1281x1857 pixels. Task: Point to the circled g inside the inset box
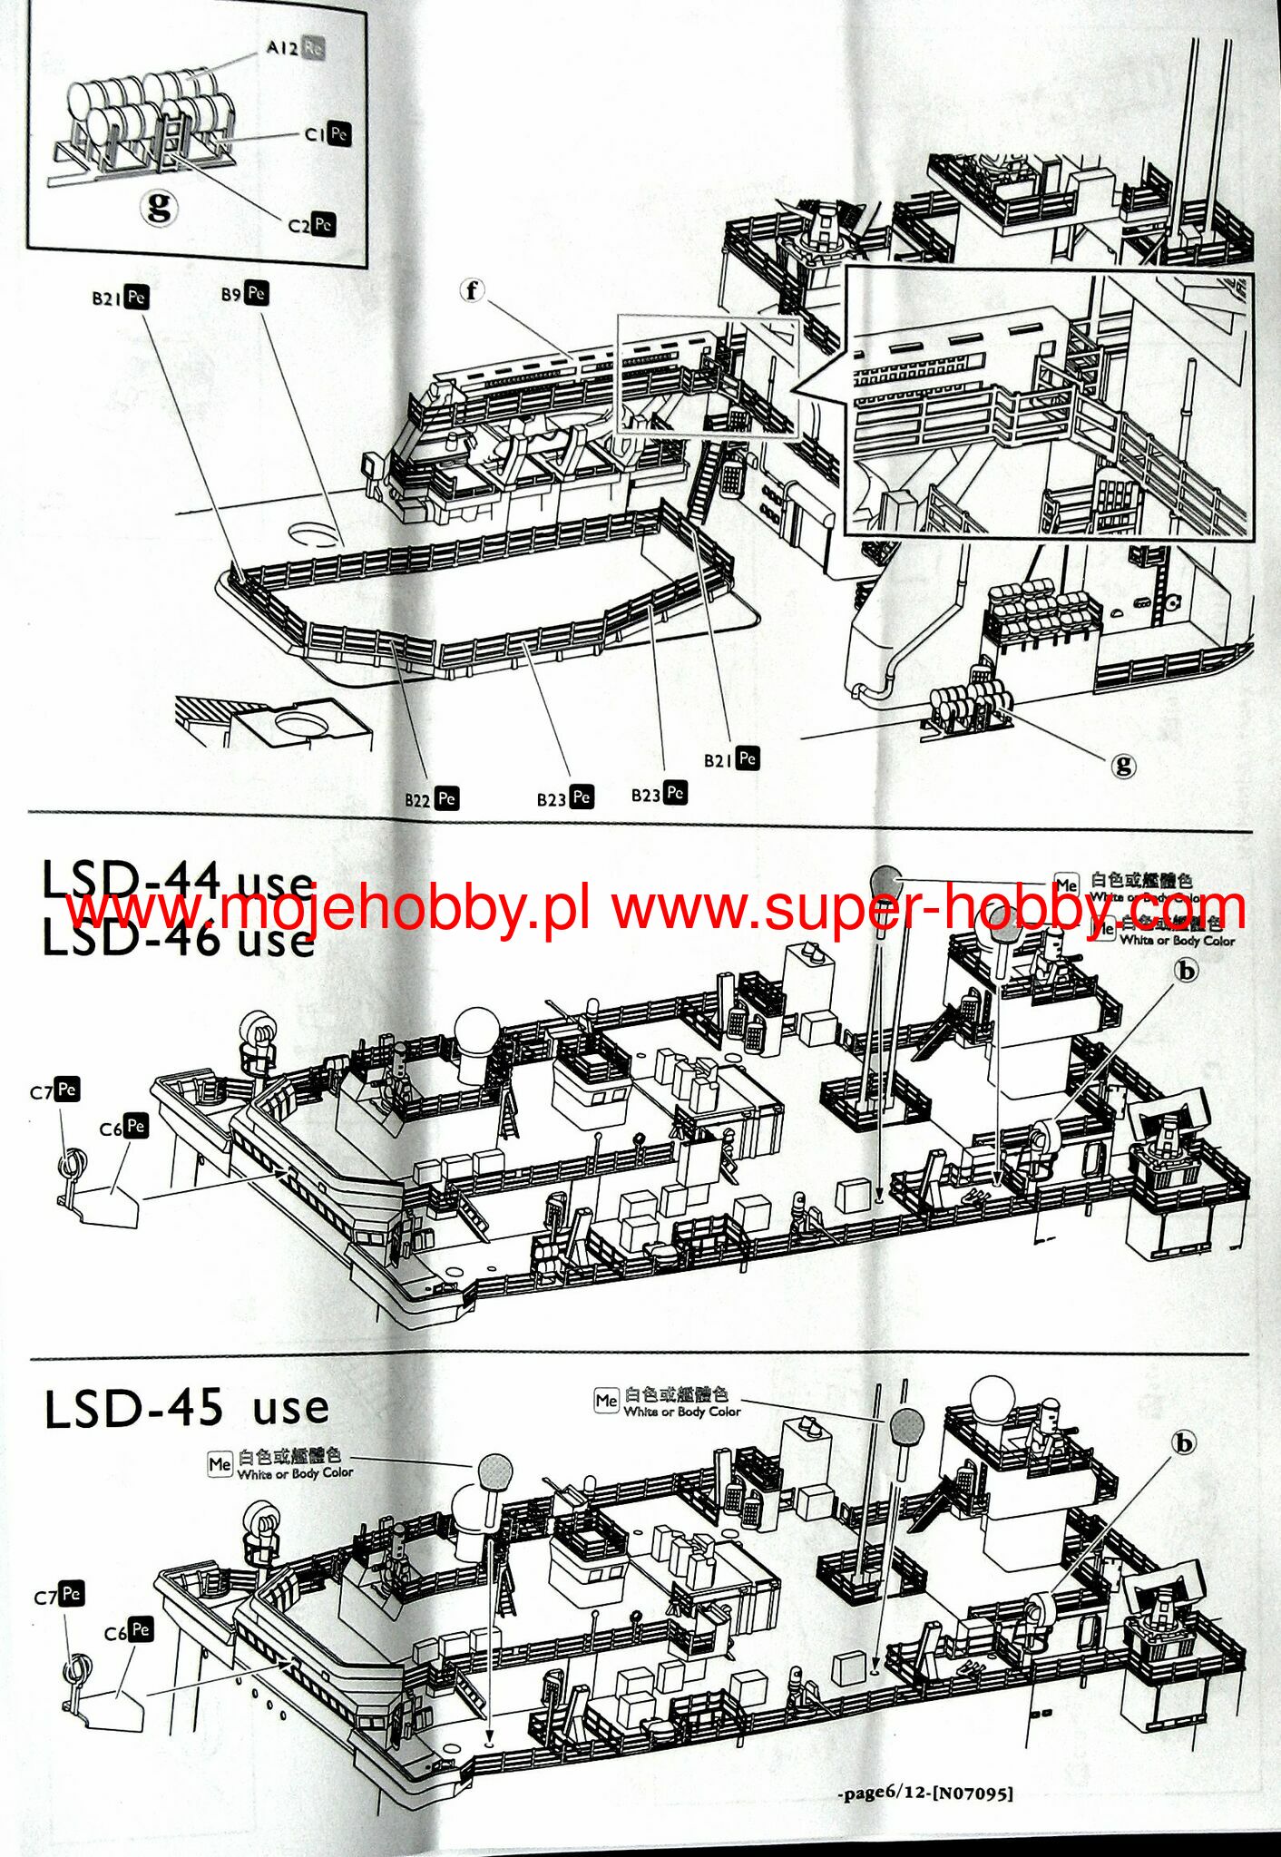[159, 208]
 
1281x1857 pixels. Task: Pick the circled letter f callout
[472, 291]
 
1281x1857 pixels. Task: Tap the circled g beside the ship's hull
[1123, 765]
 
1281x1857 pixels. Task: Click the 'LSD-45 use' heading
[186, 1409]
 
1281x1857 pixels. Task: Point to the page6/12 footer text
[924, 1793]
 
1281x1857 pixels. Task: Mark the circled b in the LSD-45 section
[1184, 1442]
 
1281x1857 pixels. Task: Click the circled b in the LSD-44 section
[1186, 971]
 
